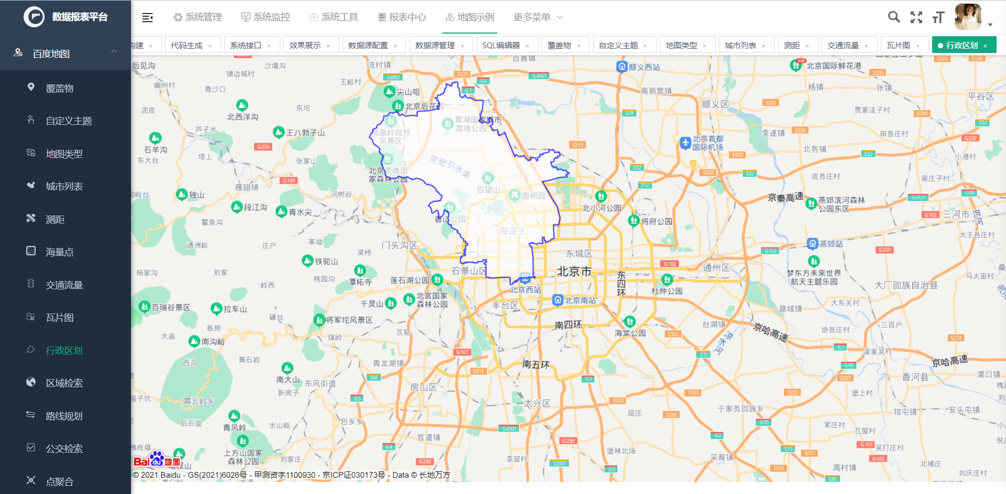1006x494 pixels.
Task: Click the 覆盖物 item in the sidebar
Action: click(59, 89)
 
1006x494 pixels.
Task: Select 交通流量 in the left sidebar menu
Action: click(64, 285)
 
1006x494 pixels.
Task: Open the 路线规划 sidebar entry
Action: click(64, 416)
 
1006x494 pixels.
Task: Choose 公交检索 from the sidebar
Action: click(64, 449)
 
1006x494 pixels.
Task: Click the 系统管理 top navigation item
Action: click(198, 17)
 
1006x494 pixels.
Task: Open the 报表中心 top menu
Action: click(402, 17)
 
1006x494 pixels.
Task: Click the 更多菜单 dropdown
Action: click(538, 17)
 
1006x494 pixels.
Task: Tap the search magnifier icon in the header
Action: click(894, 17)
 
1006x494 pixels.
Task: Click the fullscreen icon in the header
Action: click(916, 17)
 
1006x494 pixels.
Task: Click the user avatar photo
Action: click(968, 17)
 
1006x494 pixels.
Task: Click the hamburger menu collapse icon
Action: click(148, 17)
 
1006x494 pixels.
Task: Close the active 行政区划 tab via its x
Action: click(986, 46)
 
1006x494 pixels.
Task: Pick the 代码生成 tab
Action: click(187, 46)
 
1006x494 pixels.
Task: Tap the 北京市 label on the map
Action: click(574, 272)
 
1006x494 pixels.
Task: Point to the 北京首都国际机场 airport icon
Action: click(685, 143)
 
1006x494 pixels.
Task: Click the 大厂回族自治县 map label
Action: click(906, 285)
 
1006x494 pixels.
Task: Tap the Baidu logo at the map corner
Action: click(156, 460)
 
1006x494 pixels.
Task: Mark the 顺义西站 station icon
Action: click(622, 67)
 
